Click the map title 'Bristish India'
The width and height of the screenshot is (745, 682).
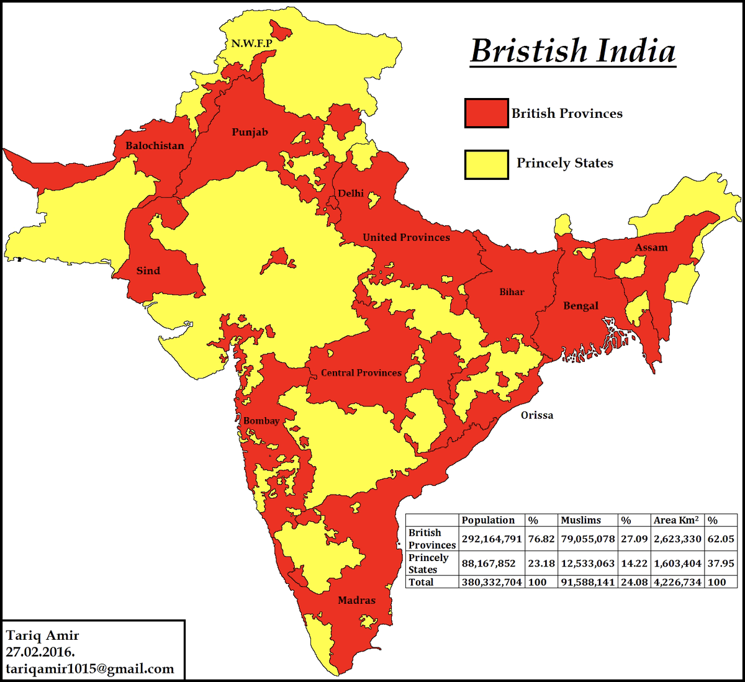click(x=572, y=51)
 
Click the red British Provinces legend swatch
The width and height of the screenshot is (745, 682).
click(x=486, y=114)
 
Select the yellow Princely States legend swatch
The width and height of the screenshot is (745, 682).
click(x=486, y=164)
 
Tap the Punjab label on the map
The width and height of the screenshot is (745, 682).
click(x=250, y=132)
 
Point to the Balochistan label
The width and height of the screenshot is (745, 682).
click(x=155, y=146)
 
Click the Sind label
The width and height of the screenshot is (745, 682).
click(x=148, y=271)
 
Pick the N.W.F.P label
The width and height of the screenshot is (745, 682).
click(x=251, y=43)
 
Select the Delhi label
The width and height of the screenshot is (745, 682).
click(x=351, y=194)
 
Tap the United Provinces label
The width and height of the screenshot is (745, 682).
click(x=406, y=237)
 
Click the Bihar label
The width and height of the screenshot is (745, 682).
click(x=512, y=292)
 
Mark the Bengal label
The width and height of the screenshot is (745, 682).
click(x=580, y=306)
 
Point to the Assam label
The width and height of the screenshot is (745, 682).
click(x=651, y=248)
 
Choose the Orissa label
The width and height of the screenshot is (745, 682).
click(x=536, y=415)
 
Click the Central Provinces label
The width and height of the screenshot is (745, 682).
click(x=361, y=373)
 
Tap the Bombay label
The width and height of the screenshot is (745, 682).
click(x=261, y=421)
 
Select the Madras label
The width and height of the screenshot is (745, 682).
click(x=356, y=600)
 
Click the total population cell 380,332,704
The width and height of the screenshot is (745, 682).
click(x=492, y=582)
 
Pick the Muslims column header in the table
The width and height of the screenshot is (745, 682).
click(x=580, y=520)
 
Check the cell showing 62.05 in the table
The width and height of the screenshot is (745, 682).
click(x=720, y=539)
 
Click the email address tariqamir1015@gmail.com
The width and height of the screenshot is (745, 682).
click(x=90, y=669)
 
